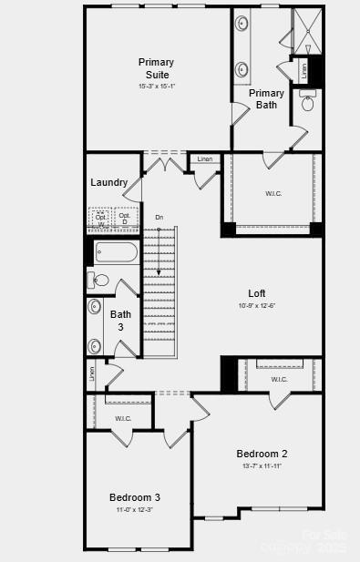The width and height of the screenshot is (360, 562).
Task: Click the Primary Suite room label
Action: coord(156,68)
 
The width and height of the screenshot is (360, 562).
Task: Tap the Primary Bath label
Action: coord(266,98)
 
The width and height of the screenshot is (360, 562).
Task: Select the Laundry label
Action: coord(108,182)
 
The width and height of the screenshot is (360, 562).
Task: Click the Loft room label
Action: coord(257,293)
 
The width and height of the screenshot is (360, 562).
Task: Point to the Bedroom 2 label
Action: coord(262,454)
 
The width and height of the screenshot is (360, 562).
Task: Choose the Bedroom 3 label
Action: coord(134,497)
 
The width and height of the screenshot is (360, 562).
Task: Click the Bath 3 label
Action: coord(120,321)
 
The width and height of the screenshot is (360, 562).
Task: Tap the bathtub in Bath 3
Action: coord(115,252)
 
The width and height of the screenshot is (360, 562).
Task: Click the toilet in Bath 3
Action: coord(99,280)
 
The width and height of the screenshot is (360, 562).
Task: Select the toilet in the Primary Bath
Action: coord(307,103)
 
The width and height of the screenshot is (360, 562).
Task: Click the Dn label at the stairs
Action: coord(159,217)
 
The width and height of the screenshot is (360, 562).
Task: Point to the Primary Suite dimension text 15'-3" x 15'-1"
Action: coord(156,87)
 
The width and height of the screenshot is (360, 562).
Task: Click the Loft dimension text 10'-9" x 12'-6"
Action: coord(257,305)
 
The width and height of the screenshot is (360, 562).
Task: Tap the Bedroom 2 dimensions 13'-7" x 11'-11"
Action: coord(262,465)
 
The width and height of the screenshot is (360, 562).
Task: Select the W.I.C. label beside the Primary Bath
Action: coord(273,193)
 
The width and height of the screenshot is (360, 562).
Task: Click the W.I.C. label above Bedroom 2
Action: coord(279,379)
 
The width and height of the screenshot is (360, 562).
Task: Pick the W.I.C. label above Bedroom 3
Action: coord(123,418)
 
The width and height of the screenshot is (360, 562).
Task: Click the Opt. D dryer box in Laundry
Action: coord(125,219)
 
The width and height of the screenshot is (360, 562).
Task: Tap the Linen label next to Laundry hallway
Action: coord(205,159)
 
